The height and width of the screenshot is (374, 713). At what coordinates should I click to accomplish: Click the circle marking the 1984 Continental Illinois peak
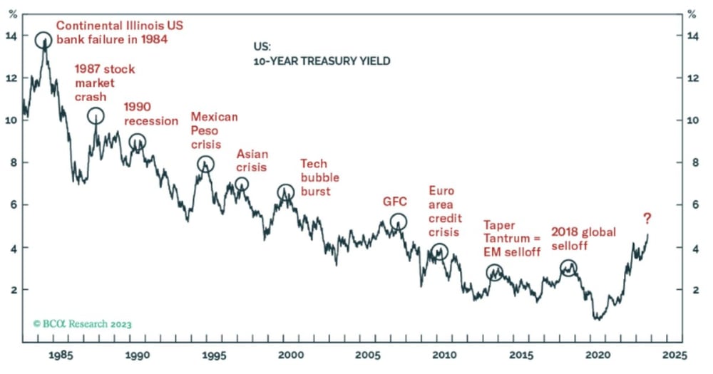(36, 40)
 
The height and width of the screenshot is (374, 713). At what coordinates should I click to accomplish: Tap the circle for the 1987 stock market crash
(88, 116)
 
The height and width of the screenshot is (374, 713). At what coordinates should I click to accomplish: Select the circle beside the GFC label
(391, 222)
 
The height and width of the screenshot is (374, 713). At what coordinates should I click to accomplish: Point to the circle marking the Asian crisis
(236, 184)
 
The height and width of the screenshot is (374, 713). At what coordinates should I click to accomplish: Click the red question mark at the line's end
(647, 219)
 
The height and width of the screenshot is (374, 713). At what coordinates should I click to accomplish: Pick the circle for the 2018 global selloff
(560, 268)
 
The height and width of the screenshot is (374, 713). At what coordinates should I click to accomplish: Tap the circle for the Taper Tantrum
(487, 273)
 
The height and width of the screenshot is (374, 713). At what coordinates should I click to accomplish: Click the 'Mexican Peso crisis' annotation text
(214, 130)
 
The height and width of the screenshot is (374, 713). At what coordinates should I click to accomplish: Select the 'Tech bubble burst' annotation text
(319, 177)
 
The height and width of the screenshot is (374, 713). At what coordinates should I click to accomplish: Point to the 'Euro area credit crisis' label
(445, 212)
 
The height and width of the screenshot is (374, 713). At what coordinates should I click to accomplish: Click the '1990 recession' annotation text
(151, 113)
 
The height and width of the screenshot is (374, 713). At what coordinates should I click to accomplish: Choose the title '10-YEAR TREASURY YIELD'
(322, 61)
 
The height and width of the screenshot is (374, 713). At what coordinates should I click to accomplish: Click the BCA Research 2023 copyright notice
(82, 323)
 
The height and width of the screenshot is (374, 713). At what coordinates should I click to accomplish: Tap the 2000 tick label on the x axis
(292, 355)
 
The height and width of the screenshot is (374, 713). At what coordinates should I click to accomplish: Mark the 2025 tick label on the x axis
(674, 355)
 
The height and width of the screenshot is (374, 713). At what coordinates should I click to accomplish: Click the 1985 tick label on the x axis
(61, 355)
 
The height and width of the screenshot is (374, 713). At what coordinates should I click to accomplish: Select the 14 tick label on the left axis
(11, 36)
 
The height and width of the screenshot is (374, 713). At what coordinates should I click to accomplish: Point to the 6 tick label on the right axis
(695, 205)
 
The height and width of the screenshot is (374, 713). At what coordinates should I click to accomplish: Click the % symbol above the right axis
(692, 14)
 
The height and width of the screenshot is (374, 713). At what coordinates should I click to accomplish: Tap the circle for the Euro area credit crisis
(431, 251)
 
